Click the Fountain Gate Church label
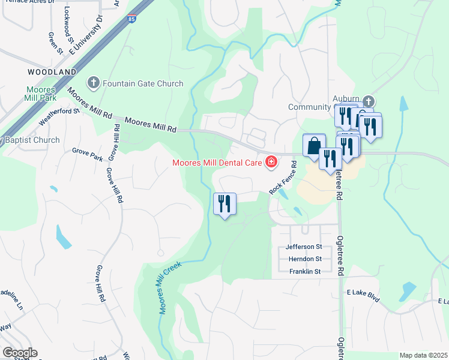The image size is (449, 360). [143, 83]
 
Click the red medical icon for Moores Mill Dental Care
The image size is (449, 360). [271, 161]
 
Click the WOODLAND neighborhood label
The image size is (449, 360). [52, 72]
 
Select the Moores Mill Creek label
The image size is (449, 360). [170, 287]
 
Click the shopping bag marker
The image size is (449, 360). [314, 146]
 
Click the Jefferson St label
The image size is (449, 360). [304, 247]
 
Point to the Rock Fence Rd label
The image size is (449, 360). [284, 177]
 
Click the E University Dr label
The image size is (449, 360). [86, 35]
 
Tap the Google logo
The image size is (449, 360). [20, 353]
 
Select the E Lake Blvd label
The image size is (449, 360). [364, 295]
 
